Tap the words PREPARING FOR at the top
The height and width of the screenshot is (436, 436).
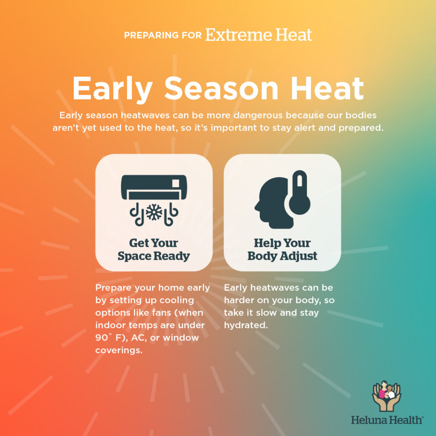click(x=163, y=35)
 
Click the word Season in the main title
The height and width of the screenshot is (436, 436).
click(x=221, y=89)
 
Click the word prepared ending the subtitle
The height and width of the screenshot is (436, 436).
click(x=361, y=128)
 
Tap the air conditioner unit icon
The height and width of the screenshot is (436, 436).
click(x=154, y=187)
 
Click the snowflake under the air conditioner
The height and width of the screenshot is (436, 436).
click(x=154, y=213)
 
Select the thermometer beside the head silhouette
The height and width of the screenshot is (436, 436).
click(x=299, y=193)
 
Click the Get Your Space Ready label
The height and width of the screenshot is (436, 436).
click(x=154, y=250)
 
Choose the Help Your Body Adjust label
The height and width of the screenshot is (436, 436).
click(x=282, y=250)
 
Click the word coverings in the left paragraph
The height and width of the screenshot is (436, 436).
click(x=119, y=350)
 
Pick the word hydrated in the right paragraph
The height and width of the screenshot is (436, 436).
click(x=246, y=325)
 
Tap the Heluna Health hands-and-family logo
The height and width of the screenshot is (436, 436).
click(x=387, y=396)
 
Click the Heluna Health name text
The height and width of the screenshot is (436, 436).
click(x=387, y=420)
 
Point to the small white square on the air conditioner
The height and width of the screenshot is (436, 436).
click(x=176, y=184)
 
